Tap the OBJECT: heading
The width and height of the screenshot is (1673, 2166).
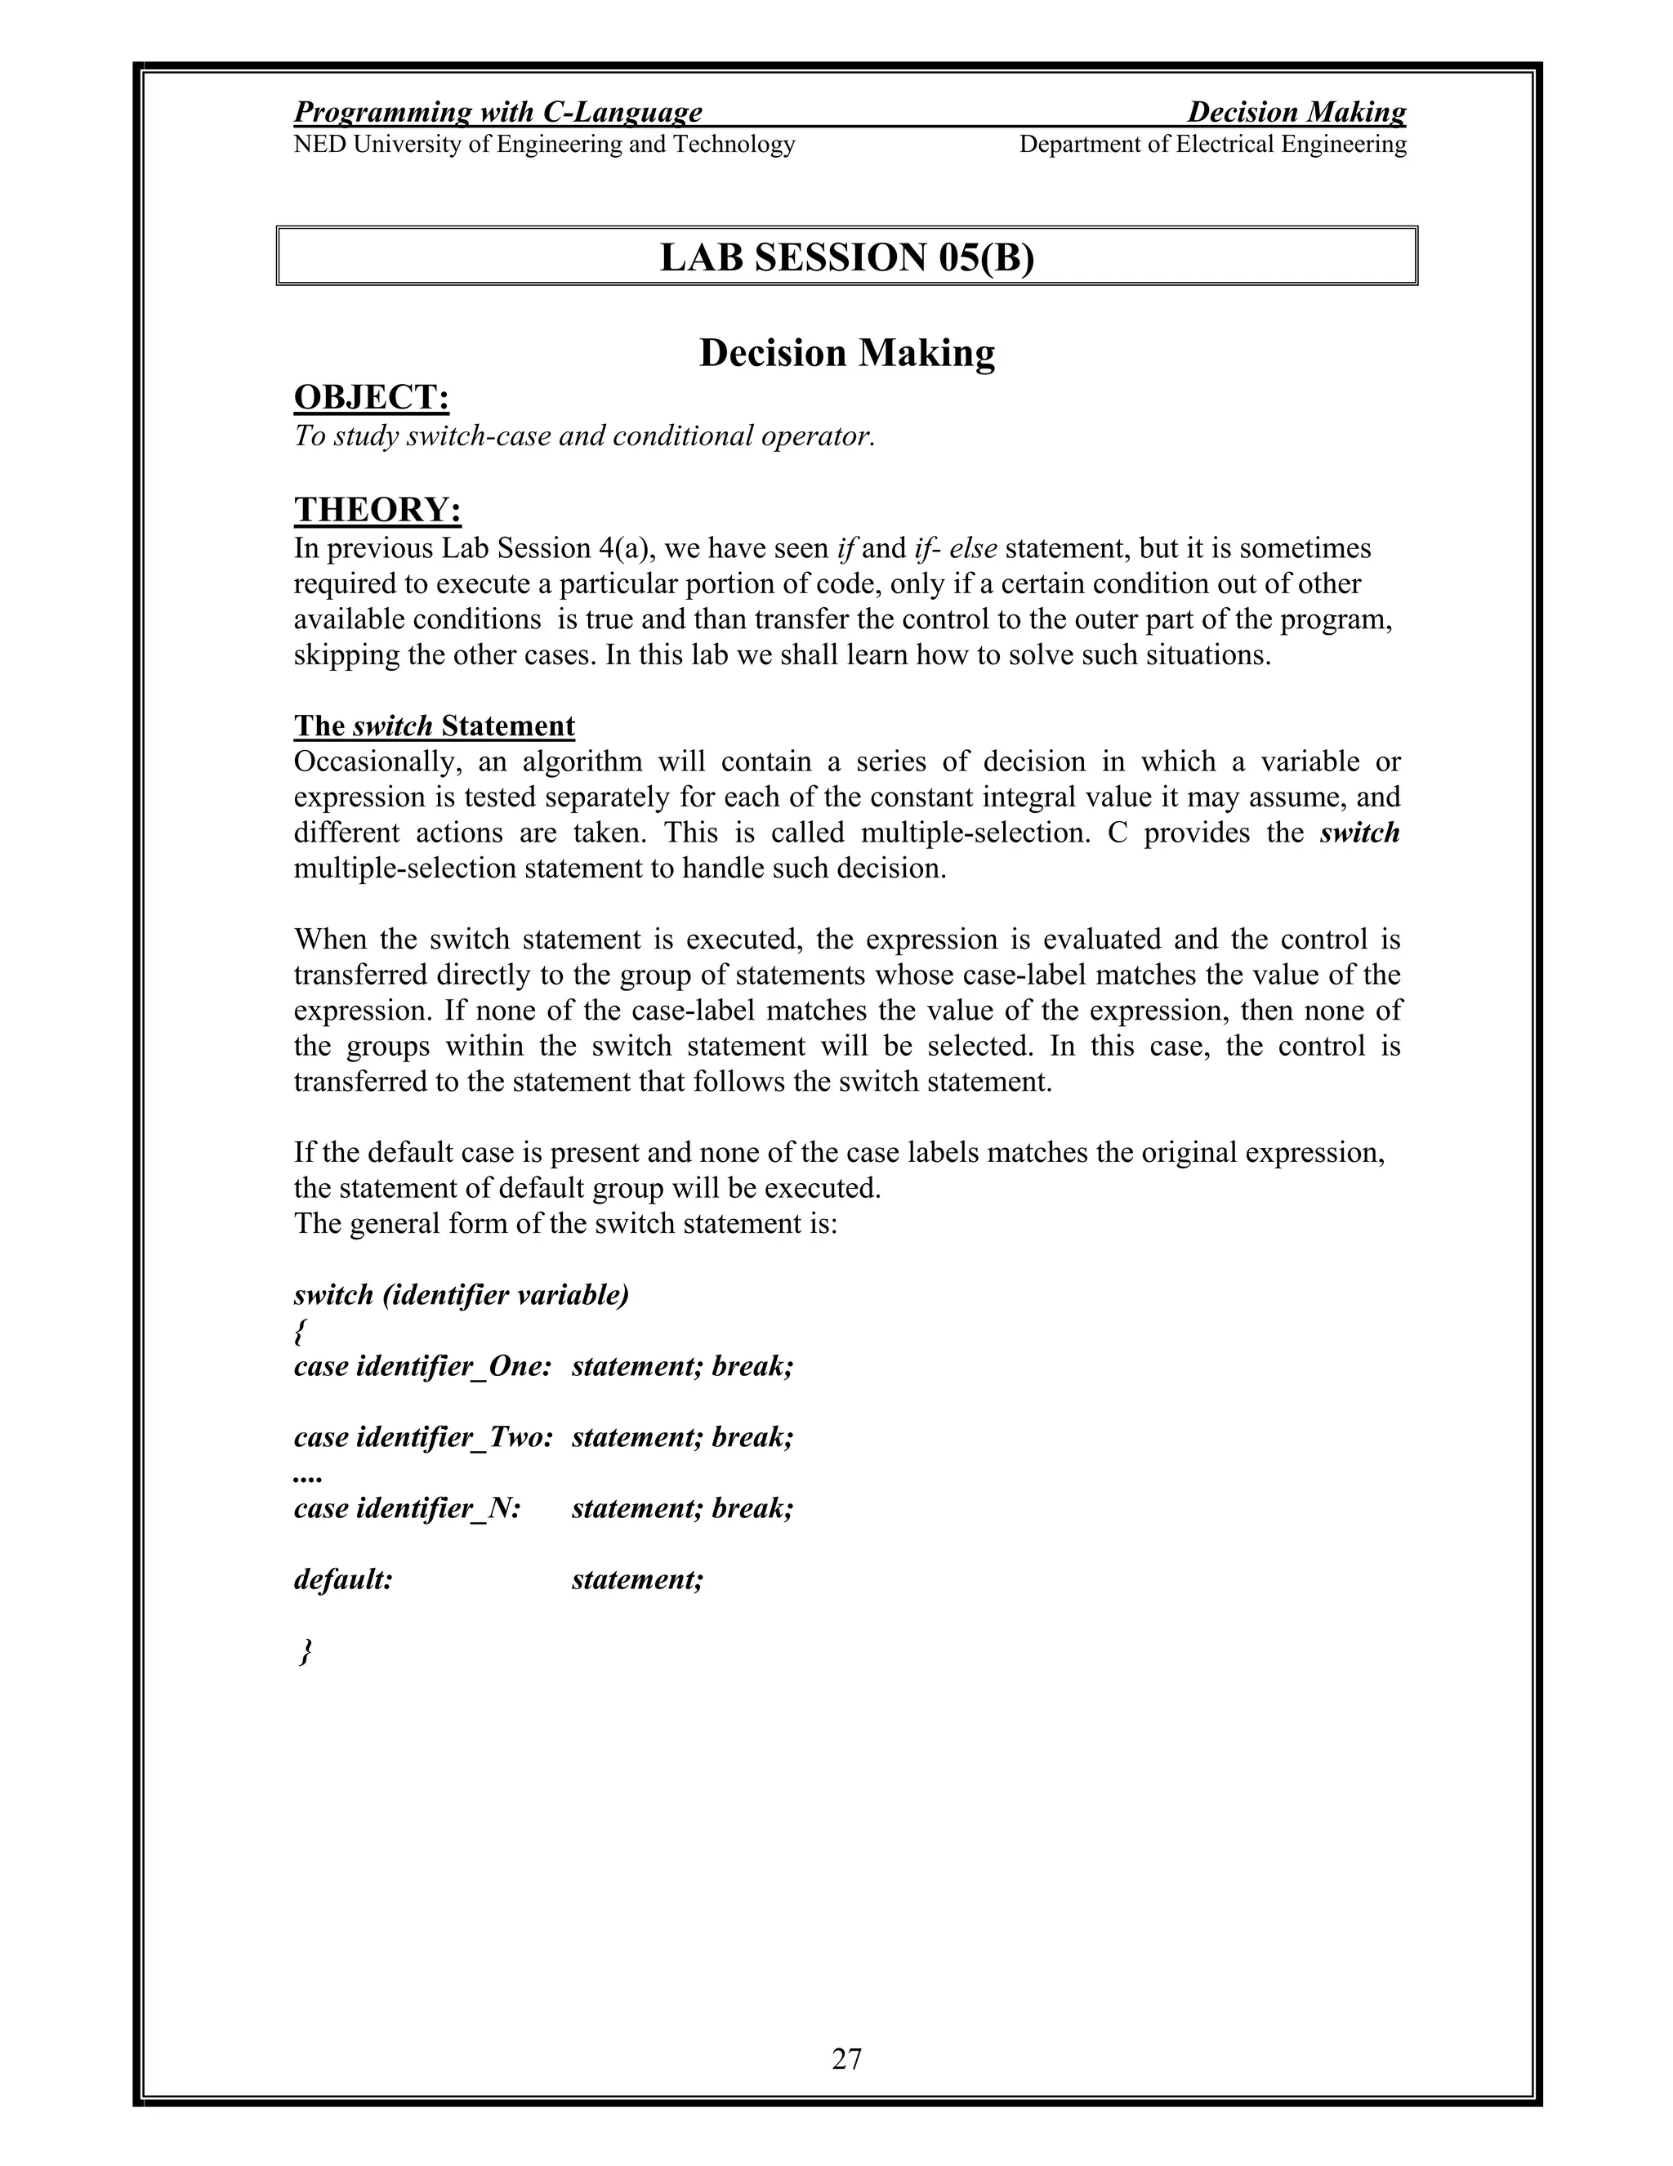tap(372, 398)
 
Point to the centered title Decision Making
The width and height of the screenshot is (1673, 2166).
tap(846, 353)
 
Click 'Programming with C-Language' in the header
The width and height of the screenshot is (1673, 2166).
tap(497, 112)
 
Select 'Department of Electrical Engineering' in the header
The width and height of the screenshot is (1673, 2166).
tap(1211, 145)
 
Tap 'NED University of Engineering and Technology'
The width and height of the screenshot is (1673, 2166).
tap(544, 145)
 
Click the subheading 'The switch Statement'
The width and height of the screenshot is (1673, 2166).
tap(435, 726)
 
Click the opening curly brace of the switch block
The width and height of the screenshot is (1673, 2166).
tap(298, 1331)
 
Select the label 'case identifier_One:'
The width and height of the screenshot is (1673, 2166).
tap(422, 1367)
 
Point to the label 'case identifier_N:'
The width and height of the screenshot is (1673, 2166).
tap(408, 1508)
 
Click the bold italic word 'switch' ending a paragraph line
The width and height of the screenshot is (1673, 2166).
tap(1358, 833)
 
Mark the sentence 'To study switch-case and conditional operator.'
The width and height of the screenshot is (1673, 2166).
tap(585, 436)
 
